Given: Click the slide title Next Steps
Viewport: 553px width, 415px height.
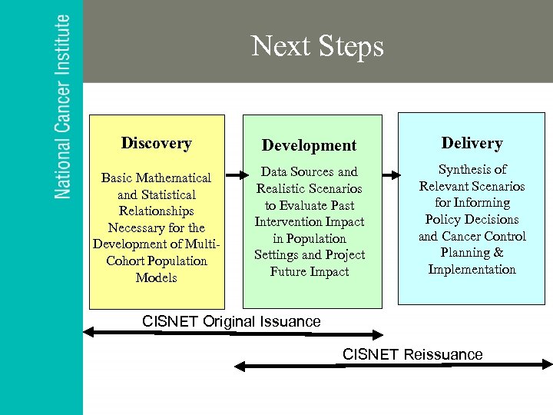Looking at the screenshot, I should click(x=317, y=47).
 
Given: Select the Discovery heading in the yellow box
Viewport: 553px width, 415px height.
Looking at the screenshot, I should click(x=156, y=143).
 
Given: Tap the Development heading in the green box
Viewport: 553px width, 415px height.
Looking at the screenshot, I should click(x=309, y=145).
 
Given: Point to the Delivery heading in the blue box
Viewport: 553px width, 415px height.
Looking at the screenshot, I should click(x=472, y=143).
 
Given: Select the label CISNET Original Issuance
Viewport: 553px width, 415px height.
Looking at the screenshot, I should click(x=231, y=321).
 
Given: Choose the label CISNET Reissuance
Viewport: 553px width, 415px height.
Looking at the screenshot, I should click(x=412, y=354).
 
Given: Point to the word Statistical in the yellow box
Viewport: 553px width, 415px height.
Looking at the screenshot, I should click(x=168, y=195).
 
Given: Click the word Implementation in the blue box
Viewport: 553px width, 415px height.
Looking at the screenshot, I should click(x=472, y=270).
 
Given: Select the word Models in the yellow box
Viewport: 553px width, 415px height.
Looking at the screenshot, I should click(x=156, y=278).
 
